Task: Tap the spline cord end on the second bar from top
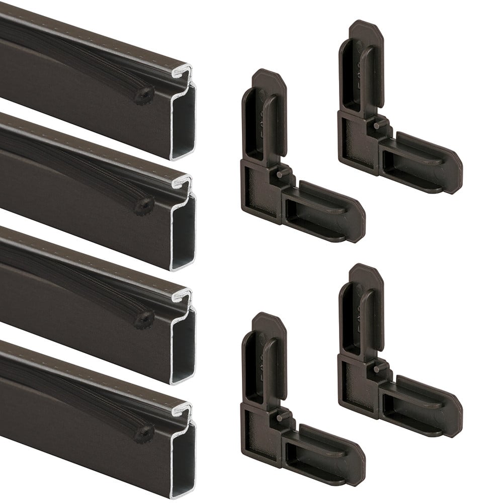[x=147, y=204]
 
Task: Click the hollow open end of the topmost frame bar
[x=183, y=121]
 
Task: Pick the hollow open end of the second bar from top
[x=183, y=232]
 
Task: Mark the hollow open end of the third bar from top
[x=183, y=346]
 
